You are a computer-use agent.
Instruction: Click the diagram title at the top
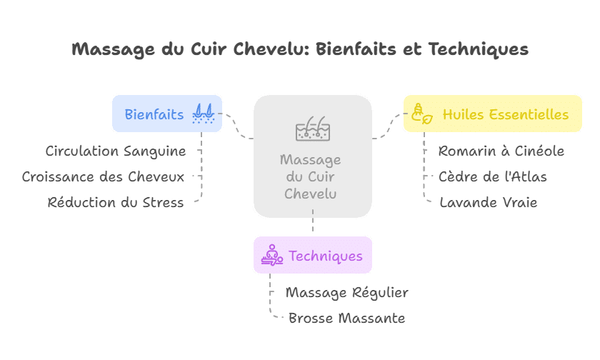[300, 49]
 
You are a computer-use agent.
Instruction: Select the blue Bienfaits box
[166, 114]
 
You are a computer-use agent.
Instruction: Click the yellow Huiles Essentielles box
[492, 114]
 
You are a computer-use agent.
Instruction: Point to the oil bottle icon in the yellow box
[419, 114]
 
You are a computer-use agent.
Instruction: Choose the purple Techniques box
[312, 255]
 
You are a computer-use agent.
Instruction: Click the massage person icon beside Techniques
[271, 255]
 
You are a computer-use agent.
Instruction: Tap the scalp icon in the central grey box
[312, 129]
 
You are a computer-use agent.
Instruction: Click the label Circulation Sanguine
[116, 151]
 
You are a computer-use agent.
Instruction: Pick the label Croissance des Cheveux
[103, 176]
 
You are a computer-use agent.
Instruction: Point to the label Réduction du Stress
[116, 202]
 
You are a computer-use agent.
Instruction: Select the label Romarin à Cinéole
[501, 151]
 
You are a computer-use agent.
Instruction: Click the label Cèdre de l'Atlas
[492, 176]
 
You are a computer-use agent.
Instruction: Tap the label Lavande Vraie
[488, 202]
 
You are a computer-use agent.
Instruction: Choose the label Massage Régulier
[346, 292]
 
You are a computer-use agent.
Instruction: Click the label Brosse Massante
[346, 318]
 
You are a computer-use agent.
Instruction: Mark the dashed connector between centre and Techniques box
[313, 226]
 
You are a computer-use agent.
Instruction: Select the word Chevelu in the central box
[311, 194]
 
